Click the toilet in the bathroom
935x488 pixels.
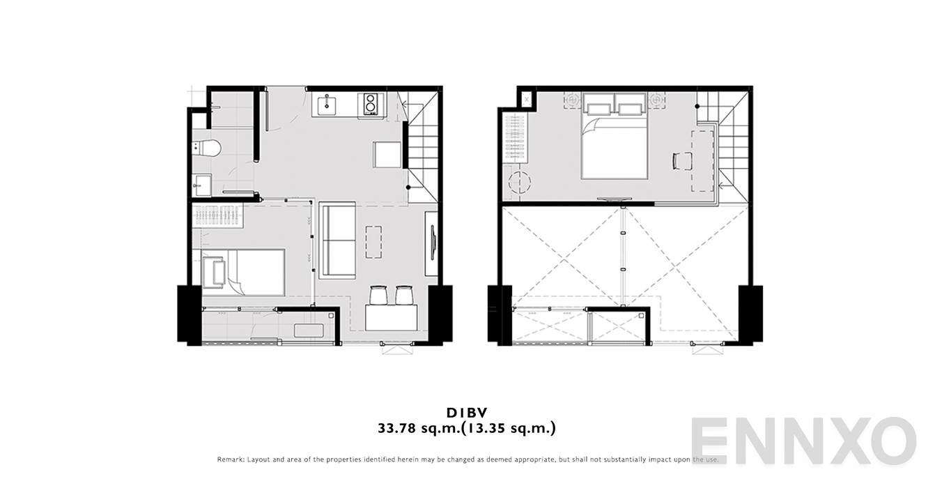[x=207, y=148]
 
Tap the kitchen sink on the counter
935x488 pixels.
[x=327, y=104]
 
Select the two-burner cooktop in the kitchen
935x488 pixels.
[x=370, y=104]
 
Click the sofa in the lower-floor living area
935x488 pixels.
[x=337, y=241]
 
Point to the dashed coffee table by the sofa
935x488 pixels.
[x=373, y=242]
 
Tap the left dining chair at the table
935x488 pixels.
[x=378, y=295]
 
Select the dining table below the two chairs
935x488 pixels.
[x=391, y=317]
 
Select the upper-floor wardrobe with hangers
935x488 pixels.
[x=515, y=138]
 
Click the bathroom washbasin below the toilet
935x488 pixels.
[x=203, y=185]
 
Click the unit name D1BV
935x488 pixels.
[x=467, y=413]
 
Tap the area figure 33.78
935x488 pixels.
[x=397, y=428]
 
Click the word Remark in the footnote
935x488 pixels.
[x=231, y=459]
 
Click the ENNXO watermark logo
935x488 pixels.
[x=803, y=441]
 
